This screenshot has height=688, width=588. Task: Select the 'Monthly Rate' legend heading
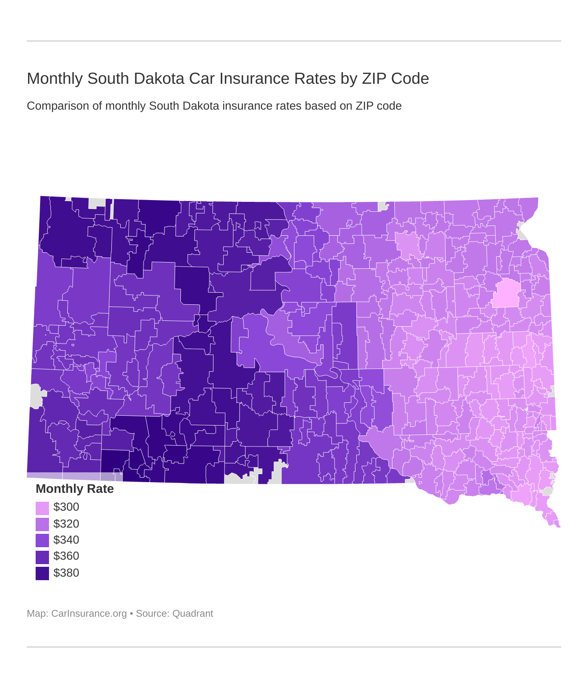(x=74, y=489)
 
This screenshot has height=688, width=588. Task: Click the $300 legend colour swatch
(x=42, y=508)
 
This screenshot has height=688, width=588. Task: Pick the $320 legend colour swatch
(x=42, y=524)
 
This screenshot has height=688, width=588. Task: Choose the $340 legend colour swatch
(x=42, y=541)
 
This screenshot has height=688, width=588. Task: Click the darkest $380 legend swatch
(x=42, y=573)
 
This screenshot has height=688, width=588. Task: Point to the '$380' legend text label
(x=66, y=573)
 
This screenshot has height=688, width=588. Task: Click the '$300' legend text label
(x=66, y=507)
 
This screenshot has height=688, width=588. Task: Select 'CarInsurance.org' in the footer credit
(x=89, y=614)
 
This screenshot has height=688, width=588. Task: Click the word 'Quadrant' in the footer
(x=192, y=614)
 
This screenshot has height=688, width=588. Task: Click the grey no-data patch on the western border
(x=36, y=396)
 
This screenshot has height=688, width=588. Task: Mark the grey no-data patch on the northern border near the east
(x=382, y=206)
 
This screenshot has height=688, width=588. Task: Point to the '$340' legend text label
(x=66, y=540)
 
